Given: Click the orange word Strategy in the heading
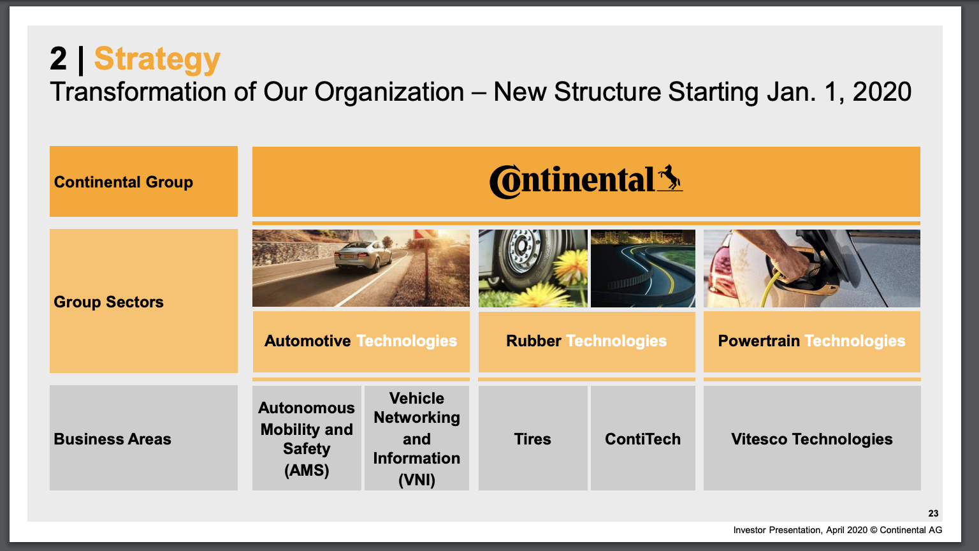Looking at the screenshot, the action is (x=157, y=59).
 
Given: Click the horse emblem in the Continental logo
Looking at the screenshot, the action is (x=670, y=177).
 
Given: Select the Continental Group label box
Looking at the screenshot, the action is (x=143, y=182).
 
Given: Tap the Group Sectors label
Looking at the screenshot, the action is (x=108, y=302).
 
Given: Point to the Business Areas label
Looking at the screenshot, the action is (x=112, y=439).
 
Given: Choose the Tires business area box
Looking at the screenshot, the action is (x=533, y=437).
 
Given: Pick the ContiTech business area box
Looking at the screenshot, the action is (x=643, y=437).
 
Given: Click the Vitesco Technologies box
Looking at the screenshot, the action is (x=812, y=437).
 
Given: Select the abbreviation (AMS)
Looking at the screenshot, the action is (x=307, y=470).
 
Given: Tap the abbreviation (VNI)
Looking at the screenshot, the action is (x=416, y=480).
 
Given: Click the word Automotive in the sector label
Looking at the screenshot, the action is (x=307, y=341).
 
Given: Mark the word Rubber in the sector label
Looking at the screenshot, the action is (x=533, y=341).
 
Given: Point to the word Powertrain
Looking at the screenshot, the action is (x=758, y=341).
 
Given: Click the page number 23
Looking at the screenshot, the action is (x=933, y=513).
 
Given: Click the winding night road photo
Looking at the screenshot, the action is (x=643, y=268).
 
